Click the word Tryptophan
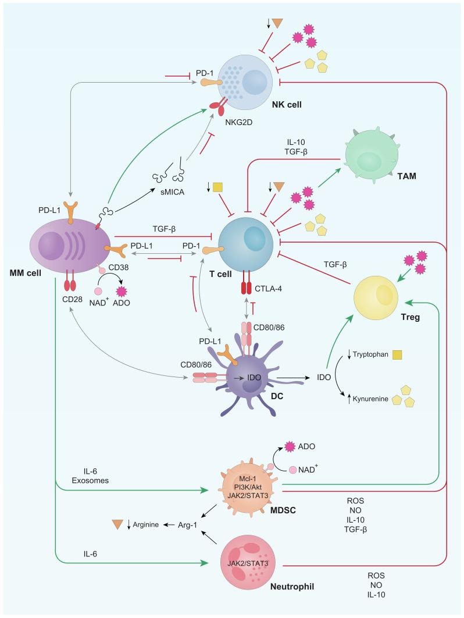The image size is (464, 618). coord(372,354)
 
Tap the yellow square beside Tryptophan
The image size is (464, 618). coord(398,354)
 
